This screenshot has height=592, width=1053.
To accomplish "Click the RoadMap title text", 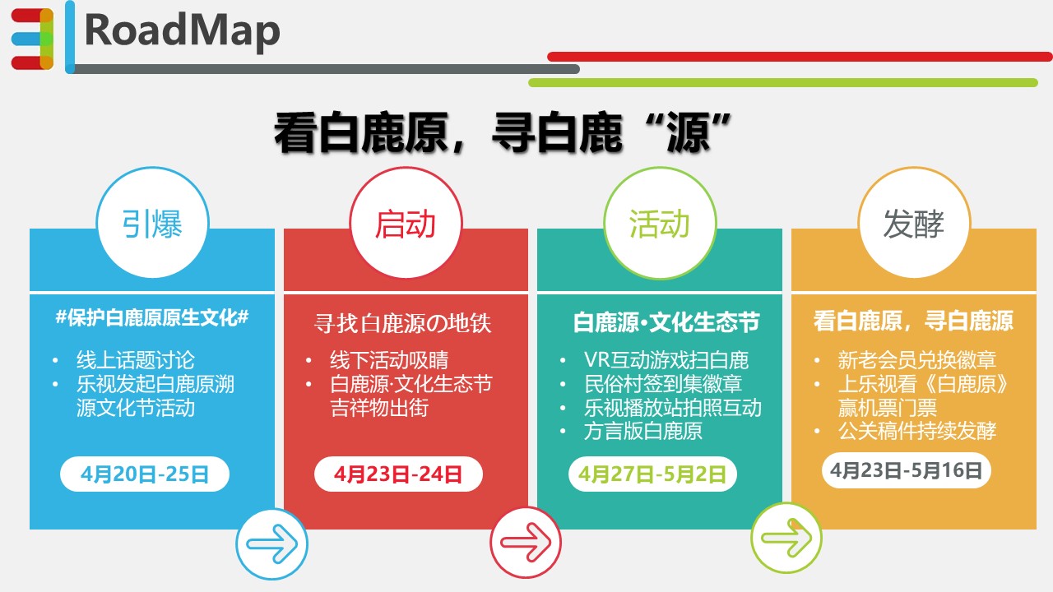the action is (x=183, y=31).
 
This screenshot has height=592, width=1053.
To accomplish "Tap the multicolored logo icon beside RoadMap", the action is (x=32, y=39).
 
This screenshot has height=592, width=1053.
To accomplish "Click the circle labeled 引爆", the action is (x=152, y=222).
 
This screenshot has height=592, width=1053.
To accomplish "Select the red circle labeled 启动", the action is (x=406, y=222).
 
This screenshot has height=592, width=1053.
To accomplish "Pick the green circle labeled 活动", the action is (x=660, y=222).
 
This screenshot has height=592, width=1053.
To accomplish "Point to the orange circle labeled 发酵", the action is (x=914, y=222).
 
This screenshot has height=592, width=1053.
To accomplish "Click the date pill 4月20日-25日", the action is (x=145, y=474).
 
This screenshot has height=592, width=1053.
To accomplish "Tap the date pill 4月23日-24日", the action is (x=398, y=474).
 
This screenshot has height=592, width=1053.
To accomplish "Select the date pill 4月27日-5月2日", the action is (x=652, y=474).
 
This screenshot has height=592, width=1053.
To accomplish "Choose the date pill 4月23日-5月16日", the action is (x=907, y=469).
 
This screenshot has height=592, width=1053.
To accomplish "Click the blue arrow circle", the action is (x=271, y=544).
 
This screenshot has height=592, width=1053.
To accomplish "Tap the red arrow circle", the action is (x=526, y=542).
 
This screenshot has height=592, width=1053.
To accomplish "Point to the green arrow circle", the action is (x=786, y=538).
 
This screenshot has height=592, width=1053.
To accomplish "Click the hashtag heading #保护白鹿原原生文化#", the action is (x=152, y=317).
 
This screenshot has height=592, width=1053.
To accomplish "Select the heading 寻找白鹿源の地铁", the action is (x=402, y=323).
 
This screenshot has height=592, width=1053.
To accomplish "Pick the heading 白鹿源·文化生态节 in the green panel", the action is (x=666, y=322).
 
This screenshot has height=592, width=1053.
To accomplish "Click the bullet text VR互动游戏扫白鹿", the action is (x=666, y=360).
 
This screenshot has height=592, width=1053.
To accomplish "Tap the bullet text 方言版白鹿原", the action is (x=643, y=431).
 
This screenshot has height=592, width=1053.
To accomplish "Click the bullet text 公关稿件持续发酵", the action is (x=916, y=431).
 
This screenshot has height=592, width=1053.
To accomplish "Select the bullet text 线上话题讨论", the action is (x=136, y=360).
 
